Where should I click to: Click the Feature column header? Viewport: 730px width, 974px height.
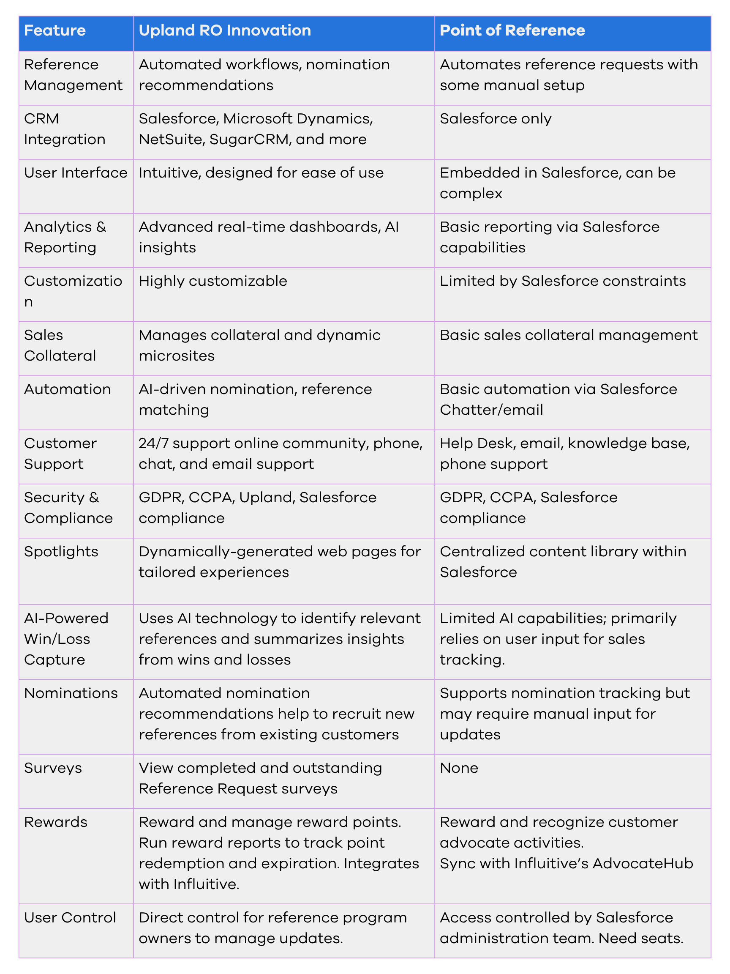55,30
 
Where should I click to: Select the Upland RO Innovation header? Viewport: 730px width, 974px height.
224,30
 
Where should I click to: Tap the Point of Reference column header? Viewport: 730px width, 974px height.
512,30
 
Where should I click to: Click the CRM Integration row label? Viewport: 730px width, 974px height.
64,129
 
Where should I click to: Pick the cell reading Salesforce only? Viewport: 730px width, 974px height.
496,119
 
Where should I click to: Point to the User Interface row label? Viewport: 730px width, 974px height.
76,173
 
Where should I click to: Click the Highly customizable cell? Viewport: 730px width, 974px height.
213,281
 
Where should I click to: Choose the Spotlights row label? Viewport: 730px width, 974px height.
61,552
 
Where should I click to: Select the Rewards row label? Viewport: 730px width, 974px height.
55,822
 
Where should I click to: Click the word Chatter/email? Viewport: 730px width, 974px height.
491,410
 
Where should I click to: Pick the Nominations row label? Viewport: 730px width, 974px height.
71,693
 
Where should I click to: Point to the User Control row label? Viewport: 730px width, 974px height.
70,918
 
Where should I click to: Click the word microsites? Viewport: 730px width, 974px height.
177,356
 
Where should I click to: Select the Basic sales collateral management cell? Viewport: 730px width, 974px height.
569,335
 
